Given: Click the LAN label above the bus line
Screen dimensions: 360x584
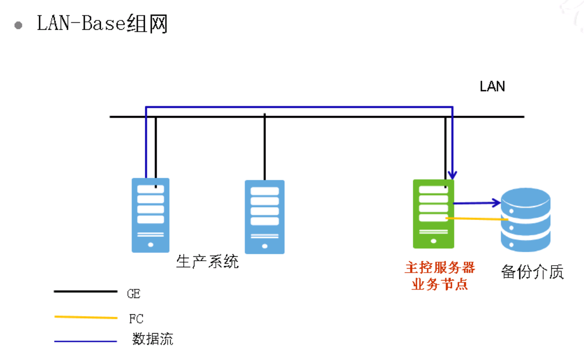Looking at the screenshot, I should [492, 86].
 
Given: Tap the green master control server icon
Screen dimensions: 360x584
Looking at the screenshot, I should [433, 214].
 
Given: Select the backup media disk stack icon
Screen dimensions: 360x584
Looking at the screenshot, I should [525, 219].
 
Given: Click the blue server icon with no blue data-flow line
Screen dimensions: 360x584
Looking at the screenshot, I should [264, 217].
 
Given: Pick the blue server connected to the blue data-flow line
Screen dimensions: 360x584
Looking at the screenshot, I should [150, 215].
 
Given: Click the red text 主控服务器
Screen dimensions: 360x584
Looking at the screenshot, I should [440, 268].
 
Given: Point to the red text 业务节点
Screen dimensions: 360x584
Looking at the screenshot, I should [440, 285].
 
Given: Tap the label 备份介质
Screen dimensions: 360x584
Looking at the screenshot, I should [532, 272].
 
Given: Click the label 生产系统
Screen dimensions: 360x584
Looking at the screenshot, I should [207, 261].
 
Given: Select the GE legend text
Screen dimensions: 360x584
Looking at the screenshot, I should [133, 294].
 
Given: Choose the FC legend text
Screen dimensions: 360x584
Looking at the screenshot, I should [136, 319].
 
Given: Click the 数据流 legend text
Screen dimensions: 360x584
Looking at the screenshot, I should [153, 340].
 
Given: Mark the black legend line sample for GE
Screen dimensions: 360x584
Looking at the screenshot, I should [85, 291].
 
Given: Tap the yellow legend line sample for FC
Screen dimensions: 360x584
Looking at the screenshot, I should [85, 317].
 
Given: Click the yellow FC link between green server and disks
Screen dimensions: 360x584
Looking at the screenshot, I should [476, 219].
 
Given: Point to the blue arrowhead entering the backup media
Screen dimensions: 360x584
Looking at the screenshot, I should [496, 202].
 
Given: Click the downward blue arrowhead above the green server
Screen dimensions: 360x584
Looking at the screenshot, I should [452, 175].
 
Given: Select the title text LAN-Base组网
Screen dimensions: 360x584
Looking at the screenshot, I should [102, 23].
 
